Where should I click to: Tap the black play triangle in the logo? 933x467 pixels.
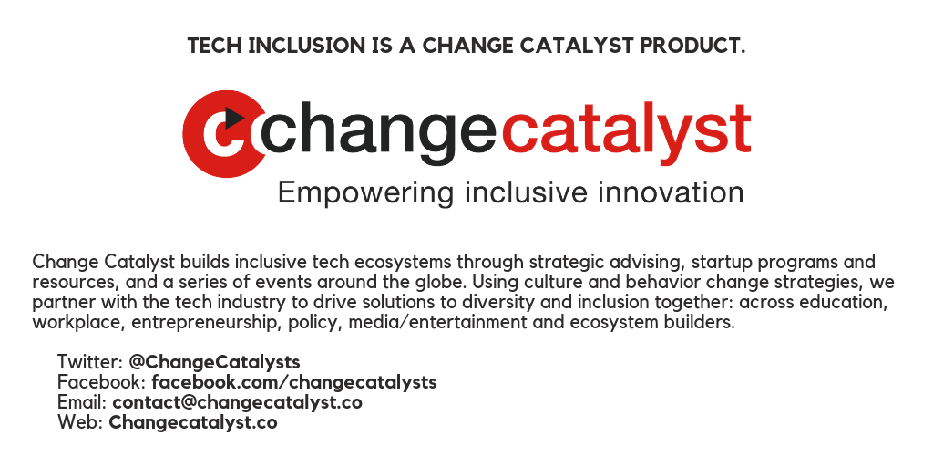234,118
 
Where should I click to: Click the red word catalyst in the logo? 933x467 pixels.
626,133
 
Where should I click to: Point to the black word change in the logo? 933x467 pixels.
378,133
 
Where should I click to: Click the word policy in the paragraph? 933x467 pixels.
316,323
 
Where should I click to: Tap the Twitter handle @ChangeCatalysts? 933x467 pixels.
214,362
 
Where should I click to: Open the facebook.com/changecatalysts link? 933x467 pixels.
294,382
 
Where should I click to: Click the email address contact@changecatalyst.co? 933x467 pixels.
238,402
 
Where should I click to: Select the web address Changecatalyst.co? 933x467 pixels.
193,423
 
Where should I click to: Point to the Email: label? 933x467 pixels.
82,402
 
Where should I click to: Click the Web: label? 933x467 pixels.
81,423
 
